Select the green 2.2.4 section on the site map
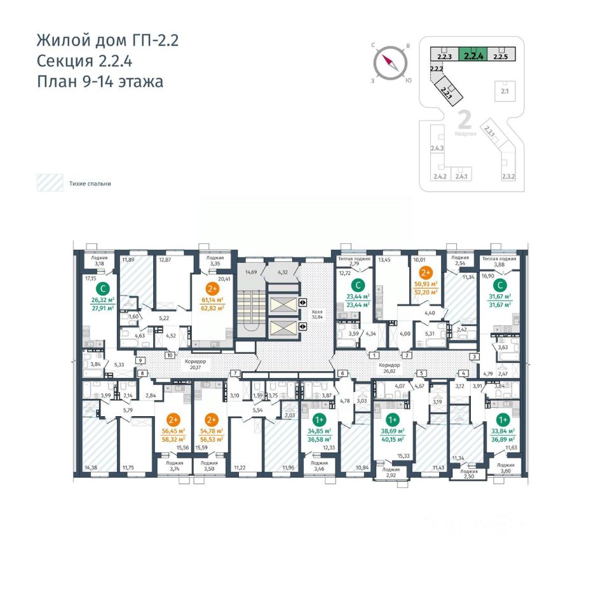(x=473, y=55)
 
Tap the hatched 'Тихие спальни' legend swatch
(x=49, y=183)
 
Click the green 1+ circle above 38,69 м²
(x=392, y=419)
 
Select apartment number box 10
(x=170, y=355)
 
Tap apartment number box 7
(x=235, y=372)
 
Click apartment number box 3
(x=473, y=356)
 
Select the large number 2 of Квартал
(x=464, y=119)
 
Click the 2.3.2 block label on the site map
(x=509, y=177)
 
